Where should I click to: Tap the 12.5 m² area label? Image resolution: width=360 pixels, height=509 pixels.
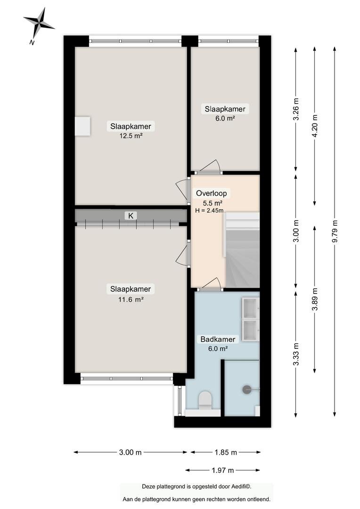tap(131, 136)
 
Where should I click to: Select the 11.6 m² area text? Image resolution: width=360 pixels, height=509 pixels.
tap(131, 299)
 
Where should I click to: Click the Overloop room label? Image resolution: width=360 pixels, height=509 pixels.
tap(211, 194)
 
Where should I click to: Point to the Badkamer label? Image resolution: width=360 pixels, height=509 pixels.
tap(218, 339)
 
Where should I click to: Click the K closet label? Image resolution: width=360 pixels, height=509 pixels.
tap(131, 215)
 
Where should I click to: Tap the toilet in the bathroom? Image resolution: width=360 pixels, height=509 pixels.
tap(205, 399)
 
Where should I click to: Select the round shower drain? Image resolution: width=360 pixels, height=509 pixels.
tap(247, 389)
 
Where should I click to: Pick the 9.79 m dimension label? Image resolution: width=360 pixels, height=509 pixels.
tap(335, 231)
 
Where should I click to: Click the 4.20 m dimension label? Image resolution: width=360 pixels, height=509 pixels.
tap(315, 126)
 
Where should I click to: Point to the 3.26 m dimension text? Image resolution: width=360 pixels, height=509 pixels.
tap(296, 109)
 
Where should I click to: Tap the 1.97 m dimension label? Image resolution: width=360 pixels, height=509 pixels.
tap(223, 470)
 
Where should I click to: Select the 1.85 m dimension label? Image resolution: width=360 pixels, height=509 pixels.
tap(226, 452)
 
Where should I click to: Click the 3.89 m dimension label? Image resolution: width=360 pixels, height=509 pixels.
tap(315, 299)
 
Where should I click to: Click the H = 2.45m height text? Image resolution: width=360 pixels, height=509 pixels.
tap(209, 210)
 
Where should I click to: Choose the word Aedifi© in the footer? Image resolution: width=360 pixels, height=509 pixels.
tap(241, 486)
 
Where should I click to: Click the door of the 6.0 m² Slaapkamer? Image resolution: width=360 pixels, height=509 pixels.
tap(210, 166)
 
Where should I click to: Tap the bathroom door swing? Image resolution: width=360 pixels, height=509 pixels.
tap(210, 283)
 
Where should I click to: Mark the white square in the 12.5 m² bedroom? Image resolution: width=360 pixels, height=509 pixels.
tap(82, 126)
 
